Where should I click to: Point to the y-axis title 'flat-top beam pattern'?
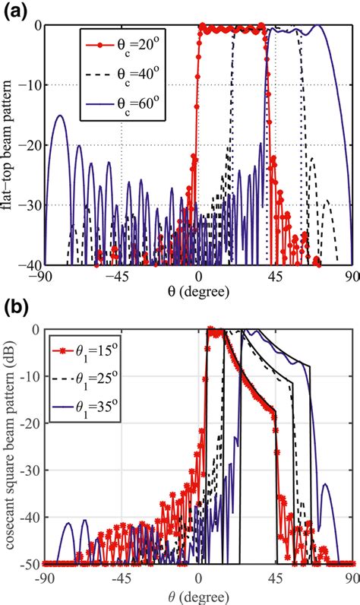click(11, 144)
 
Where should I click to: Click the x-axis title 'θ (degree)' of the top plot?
click(199, 291)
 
